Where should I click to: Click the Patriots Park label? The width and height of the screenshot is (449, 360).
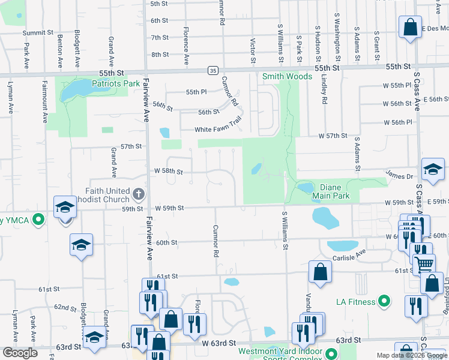click(116, 84)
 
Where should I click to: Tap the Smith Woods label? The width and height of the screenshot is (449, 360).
click(287, 77)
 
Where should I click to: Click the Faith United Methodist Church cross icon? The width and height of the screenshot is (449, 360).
click(139, 193)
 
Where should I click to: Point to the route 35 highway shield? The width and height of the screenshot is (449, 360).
click(213, 70)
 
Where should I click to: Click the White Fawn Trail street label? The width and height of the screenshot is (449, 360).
click(217, 130)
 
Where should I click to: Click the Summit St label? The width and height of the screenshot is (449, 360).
click(38, 33)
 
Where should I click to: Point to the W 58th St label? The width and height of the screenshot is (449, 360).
click(168, 171)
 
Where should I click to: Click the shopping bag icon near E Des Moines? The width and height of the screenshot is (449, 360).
click(411, 27)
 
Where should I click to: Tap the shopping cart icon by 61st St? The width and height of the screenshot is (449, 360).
click(424, 264)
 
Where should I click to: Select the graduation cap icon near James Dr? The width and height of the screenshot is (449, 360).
click(433, 170)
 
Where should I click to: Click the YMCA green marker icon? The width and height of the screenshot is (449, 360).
click(39, 219)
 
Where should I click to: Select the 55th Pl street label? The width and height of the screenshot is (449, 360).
click(196, 92)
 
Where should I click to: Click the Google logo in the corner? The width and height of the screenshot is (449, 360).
click(20, 353)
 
